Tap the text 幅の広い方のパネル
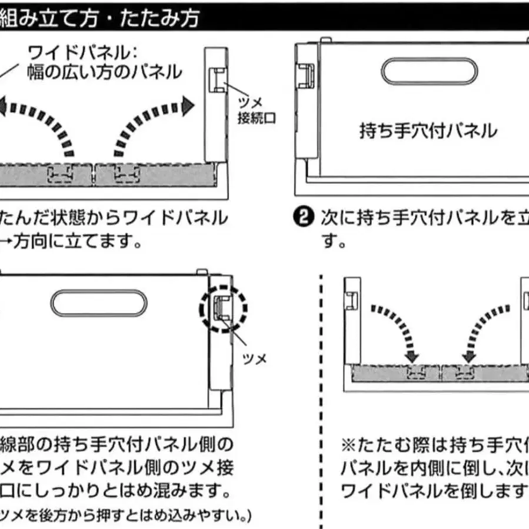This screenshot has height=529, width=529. [x=104, y=73]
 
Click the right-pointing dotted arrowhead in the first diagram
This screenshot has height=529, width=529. [x=187, y=106]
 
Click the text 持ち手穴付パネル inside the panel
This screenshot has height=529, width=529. [x=428, y=131]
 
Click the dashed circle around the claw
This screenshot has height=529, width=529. [x=224, y=310]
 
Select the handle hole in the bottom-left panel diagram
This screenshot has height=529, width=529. [x=98, y=304]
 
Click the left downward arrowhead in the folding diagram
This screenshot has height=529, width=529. [x=411, y=357]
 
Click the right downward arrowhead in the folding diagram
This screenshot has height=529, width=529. [x=469, y=357]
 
